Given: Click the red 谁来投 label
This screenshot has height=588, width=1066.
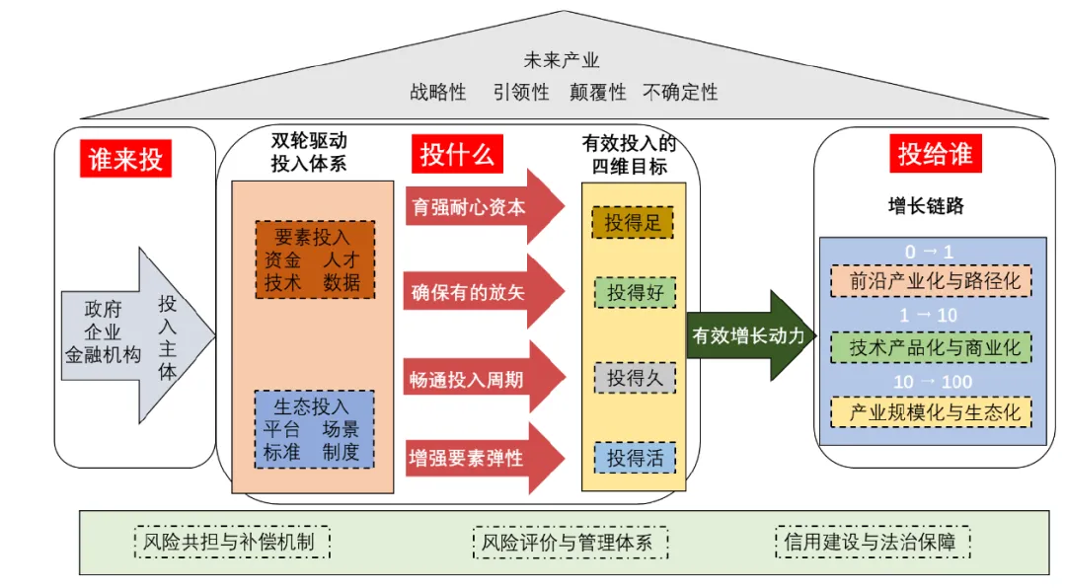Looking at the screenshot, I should coord(125,159).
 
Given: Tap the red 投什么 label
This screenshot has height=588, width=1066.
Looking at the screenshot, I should coord(457,155).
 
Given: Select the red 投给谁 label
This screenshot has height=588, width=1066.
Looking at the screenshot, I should coord(934,154).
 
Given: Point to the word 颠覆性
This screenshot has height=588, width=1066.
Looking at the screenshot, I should coord(597,93).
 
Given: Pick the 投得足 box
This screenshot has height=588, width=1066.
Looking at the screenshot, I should coord(633,223).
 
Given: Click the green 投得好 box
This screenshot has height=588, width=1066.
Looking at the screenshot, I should coord(634,293).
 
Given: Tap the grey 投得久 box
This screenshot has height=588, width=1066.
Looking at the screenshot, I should coord(634,378).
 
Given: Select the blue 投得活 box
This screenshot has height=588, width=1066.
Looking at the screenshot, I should coord(634,458).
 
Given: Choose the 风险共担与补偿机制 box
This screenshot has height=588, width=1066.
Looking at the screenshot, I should coord(231,542).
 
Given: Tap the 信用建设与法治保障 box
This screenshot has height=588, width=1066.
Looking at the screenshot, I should coord(873,542).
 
